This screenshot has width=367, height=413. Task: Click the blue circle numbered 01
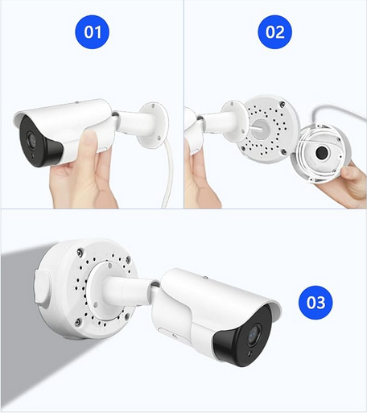[92, 32]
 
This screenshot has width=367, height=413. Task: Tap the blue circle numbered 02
[274, 32]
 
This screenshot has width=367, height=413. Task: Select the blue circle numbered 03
[315, 303]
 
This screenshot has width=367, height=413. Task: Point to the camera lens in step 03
[254, 334]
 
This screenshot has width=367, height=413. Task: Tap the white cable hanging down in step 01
[167, 175]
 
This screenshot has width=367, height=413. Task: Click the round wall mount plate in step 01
[153, 125]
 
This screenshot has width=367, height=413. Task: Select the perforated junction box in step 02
[266, 129]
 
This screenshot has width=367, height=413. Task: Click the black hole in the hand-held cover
[322, 152]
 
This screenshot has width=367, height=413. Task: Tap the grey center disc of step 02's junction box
[260, 130]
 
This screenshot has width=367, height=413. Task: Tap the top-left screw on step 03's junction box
[80, 252]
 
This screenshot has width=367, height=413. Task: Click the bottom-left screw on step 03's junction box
[78, 322]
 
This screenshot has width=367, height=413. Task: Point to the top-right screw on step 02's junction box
[282, 104]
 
